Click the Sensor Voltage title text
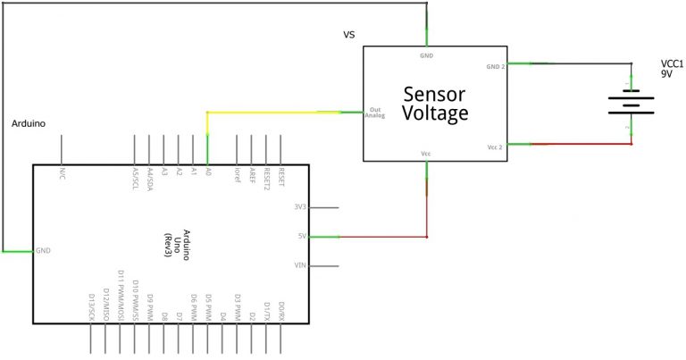pos(435,104)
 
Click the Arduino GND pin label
pos(44,252)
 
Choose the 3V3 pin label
pos(300,207)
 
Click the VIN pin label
pos(300,266)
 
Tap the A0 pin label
pos(208,171)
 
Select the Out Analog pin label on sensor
pos(375,113)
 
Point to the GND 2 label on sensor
pos(496,67)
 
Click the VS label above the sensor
pos(349,36)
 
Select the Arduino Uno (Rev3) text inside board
pos(167,237)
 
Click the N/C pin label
pos(63,171)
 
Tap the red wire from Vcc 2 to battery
pos(581,144)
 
